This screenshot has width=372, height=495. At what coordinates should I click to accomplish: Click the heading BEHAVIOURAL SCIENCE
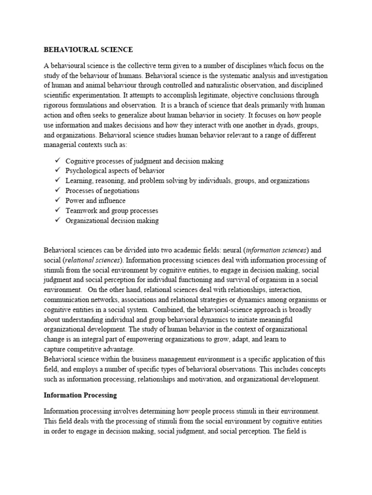(x=88, y=49)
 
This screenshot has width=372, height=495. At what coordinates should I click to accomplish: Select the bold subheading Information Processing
(x=80, y=395)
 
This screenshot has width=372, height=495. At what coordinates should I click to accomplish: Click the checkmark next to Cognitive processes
(x=57, y=160)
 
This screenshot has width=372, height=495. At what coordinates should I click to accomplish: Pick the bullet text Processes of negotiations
(x=102, y=190)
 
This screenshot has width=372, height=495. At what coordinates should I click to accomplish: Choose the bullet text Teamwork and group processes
(x=112, y=211)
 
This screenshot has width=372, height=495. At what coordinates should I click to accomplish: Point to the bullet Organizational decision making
(x=112, y=221)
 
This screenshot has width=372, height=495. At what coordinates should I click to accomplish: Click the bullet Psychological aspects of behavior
(x=115, y=171)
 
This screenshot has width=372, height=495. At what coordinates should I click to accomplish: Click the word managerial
(x=62, y=146)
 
